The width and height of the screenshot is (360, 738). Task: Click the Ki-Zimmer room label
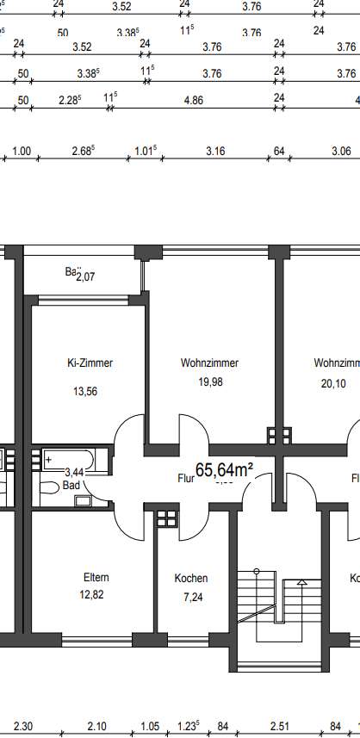90,363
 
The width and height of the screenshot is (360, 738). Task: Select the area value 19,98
209,382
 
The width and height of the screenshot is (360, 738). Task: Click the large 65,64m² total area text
224,470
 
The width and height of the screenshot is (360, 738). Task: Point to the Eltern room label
96,577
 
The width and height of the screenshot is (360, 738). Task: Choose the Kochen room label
190,579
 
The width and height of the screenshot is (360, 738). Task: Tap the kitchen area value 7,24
190,595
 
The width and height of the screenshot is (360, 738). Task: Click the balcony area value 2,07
86,276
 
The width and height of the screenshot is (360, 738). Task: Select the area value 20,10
332,384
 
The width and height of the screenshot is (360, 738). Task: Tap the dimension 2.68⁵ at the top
83,152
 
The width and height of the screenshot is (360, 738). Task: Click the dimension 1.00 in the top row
22,152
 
